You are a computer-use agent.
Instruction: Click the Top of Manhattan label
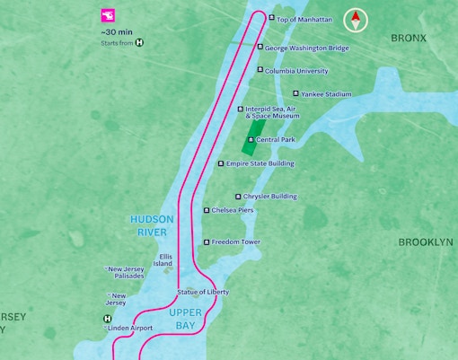[x=304, y=19]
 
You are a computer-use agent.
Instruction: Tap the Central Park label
[x=275, y=140]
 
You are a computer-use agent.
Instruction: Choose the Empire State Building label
[x=260, y=163]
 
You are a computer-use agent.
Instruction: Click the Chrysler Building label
[x=271, y=197]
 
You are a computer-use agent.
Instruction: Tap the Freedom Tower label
[x=237, y=242]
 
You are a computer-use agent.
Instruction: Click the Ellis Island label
[x=163, y=259]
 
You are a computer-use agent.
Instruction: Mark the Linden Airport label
[x=130, y=329]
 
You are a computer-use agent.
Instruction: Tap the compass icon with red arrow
[x=357, y=21]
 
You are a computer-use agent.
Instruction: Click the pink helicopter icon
[x=108, y=15]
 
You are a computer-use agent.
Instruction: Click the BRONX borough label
[x=409, y=38]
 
